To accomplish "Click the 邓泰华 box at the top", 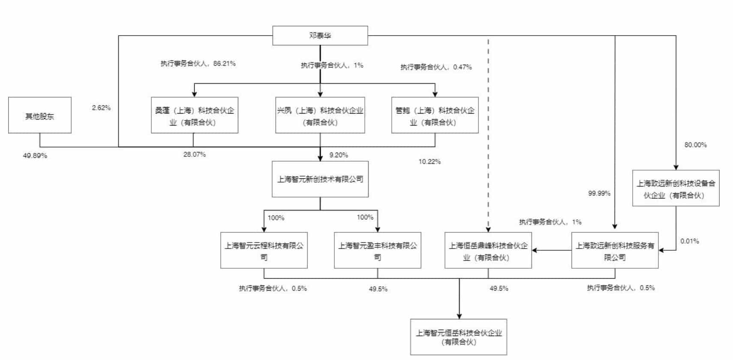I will (320, 36).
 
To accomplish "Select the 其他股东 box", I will (39, 115).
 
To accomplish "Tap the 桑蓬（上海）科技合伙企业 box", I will (194, 115).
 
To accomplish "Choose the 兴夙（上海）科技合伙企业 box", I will (320, 115).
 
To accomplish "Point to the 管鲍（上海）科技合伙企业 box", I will (435, 115).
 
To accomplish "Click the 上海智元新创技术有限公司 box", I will (320, 179).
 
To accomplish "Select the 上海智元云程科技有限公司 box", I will (264, 251).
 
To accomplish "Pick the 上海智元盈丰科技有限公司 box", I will (377, 251).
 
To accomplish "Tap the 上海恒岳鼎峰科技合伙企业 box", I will (488, 251).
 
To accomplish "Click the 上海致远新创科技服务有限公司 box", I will (614, 251).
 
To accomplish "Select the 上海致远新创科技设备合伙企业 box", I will (676, 189).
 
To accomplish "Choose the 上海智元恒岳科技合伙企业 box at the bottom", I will (458, 337).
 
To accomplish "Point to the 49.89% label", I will (35, 156).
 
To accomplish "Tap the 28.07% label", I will (194, 154).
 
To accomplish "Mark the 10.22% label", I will (429, 162).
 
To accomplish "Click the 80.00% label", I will (695, 145).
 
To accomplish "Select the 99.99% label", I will (599, 193).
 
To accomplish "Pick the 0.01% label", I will (689, 241).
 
